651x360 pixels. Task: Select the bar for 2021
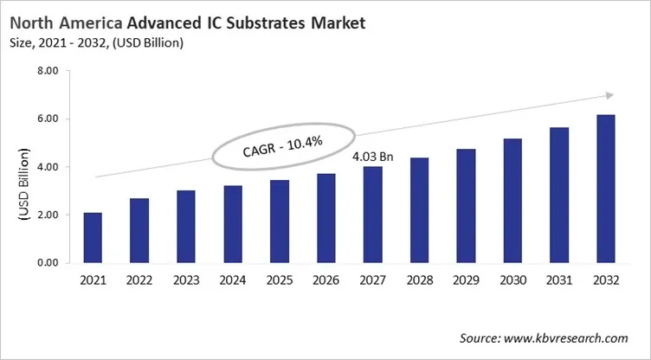pos(93,237)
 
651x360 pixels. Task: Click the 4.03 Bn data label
pos(373,157)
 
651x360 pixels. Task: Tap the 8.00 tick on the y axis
pos(47,71)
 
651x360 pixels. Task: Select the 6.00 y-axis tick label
pos(47,119)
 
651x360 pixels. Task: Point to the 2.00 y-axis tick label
pos(47,215)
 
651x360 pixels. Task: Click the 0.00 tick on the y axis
pos(47,263)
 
